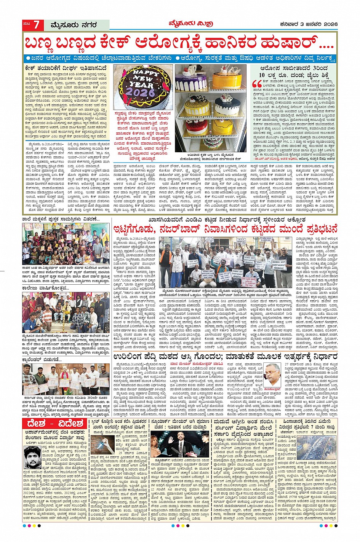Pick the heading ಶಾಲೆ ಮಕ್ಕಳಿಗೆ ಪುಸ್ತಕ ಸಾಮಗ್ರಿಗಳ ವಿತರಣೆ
click(61, 219)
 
